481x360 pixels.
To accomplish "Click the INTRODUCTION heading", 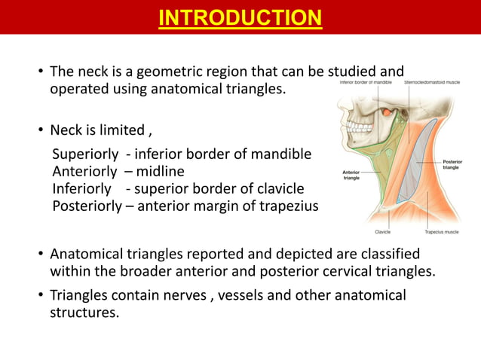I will [240, 17].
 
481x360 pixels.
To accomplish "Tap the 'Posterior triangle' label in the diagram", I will [453, 164].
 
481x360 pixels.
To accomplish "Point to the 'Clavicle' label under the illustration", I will [382, 232].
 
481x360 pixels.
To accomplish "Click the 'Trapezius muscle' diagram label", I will [440, 232].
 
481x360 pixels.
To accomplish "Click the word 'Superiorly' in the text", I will [85, 154].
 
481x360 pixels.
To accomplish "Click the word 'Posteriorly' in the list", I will [86, 206].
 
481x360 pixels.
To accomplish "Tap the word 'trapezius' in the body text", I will [287, 206].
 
